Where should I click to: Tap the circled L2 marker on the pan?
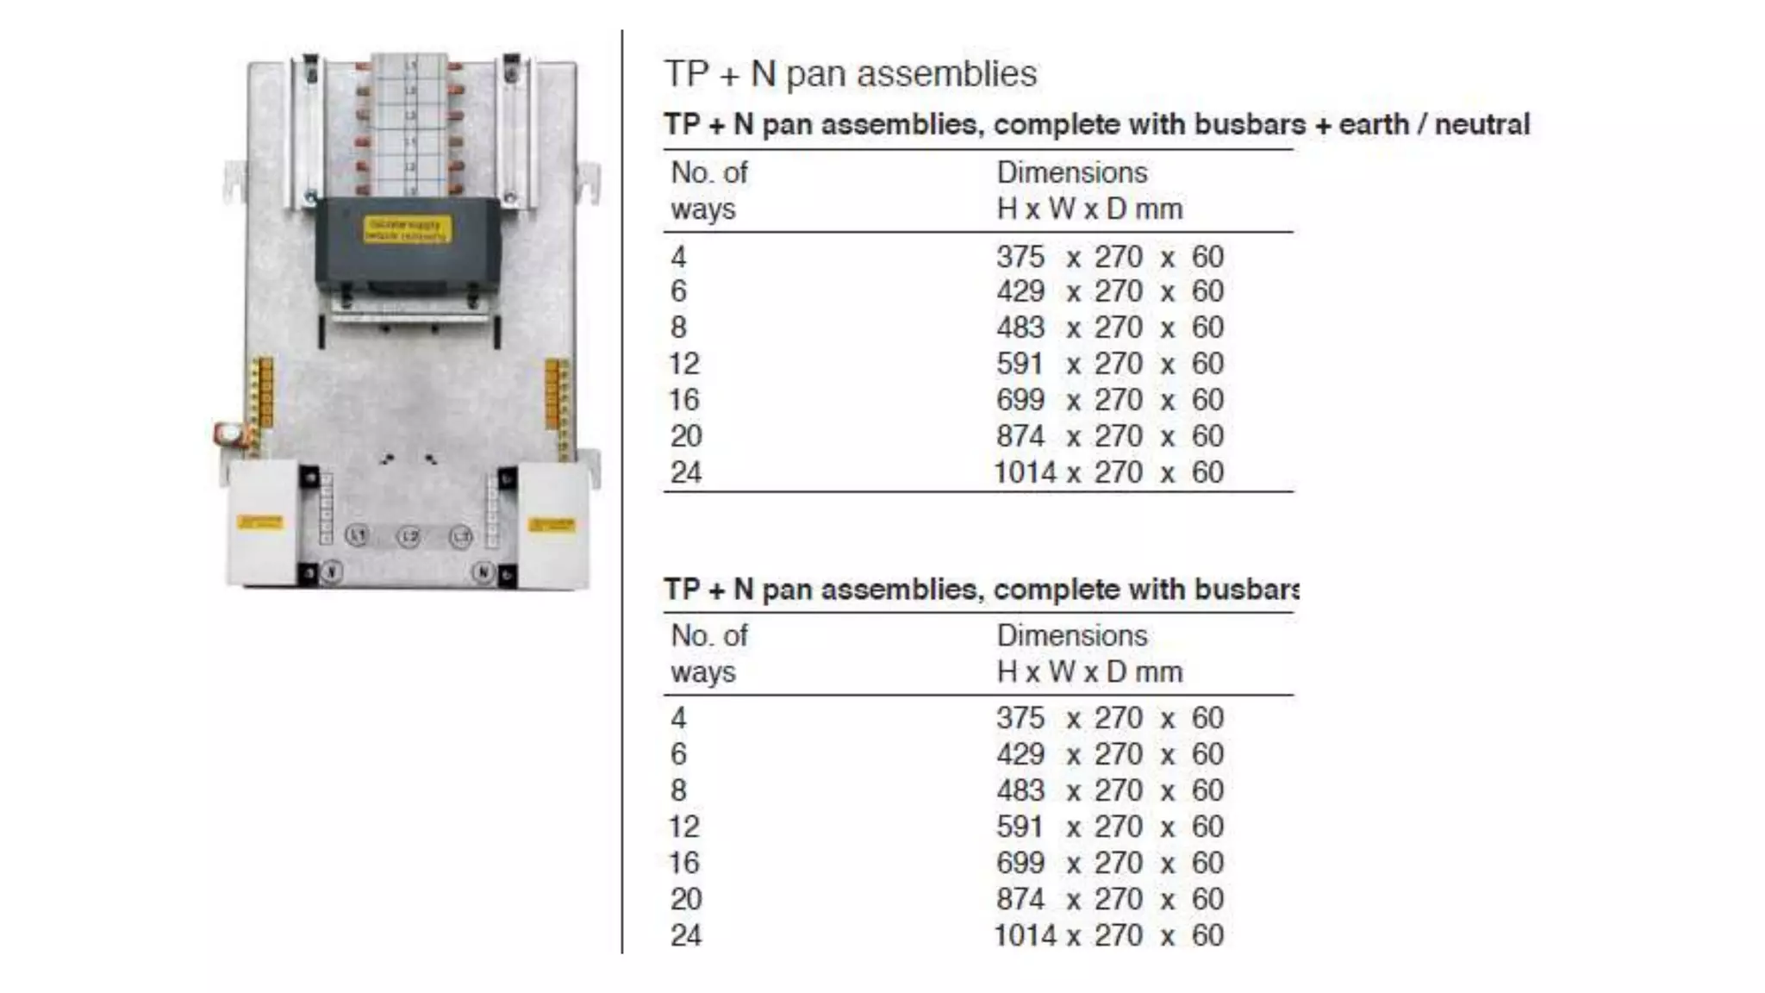pos(409,538)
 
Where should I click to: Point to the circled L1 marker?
pos(357,535)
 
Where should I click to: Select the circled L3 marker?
pos(461,537)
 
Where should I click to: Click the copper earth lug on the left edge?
pos(229,434)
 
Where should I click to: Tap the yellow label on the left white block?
pos(259,522)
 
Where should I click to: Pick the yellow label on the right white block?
pos(552,524)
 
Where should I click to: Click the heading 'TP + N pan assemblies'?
pos(850,74)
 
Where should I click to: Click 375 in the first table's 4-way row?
pos(1020,257)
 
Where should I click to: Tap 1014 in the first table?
pos(1024,472)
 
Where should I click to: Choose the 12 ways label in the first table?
pos(684,364)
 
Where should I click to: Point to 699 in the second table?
pos(1020,863)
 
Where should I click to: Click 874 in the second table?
pos(1020,899)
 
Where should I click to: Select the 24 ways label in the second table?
pos(686,935)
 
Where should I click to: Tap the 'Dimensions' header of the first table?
pos(1071,173)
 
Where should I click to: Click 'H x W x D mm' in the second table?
pos(1089,672)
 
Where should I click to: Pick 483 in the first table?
pos(1020,328)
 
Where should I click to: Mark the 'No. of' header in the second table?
pos(708,636)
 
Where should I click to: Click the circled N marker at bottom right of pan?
pos(483,571)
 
